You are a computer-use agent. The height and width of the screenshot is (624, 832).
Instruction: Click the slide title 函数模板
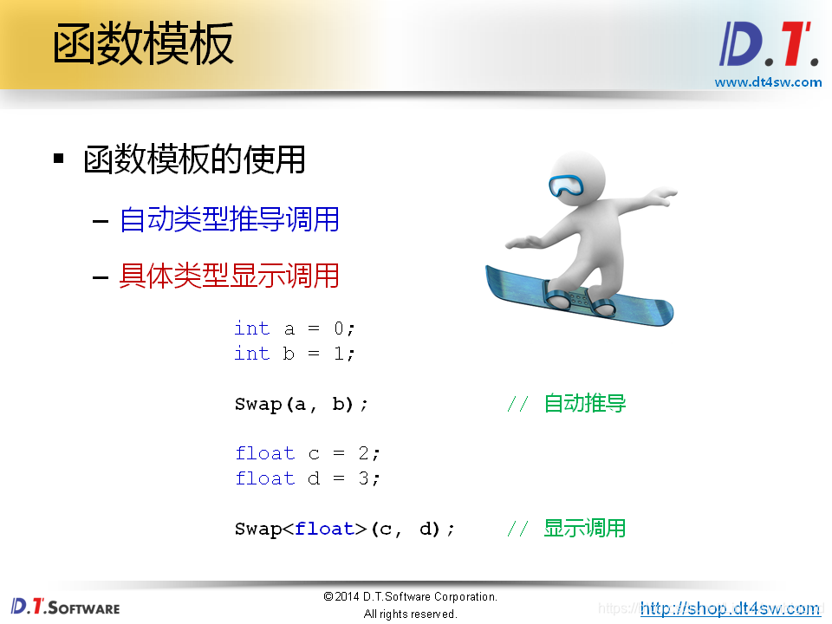click(143, 45)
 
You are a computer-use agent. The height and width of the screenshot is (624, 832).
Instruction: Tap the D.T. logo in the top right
click(769, 45)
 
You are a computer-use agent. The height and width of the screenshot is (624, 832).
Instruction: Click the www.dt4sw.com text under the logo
click(768, 82)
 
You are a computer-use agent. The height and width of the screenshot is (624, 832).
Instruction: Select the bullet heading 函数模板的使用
click(194, 159)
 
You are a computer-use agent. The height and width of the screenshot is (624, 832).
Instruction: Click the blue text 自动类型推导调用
click(229, 219)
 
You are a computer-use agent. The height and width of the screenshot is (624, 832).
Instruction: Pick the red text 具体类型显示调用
click(229, 276)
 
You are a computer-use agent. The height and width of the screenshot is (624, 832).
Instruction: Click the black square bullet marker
click(59, 159)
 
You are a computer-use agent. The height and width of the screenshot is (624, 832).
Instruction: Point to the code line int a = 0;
click(295, 328)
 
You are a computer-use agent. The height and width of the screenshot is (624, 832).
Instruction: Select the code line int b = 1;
click(295, 354)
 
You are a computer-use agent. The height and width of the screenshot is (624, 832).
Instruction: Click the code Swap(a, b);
click(302, 404)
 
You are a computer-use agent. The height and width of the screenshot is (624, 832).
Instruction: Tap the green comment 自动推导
click(584, 404)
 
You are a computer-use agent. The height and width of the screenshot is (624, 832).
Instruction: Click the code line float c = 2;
click(308, 453)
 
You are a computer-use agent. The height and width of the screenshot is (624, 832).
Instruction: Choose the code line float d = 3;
click(308, 478)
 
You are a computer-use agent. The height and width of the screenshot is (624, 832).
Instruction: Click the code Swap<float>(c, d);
click(345, 529)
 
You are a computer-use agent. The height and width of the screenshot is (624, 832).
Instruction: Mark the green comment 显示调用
click(584, 528)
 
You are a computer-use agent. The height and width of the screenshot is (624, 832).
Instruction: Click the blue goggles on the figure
click(569, 185)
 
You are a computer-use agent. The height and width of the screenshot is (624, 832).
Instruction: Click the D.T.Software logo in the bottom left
click(66, 607)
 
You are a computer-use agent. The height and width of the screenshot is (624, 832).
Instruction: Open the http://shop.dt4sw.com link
click(730, 608)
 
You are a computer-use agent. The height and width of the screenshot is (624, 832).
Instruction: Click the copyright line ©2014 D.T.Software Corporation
click(410, 597)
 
